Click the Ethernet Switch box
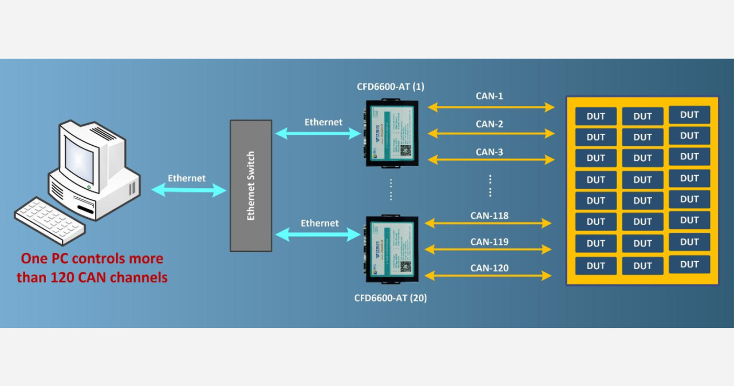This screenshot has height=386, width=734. click(251, 186)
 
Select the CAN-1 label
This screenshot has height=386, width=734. click(489, 96)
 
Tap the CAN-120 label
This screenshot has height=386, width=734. click(489, 268)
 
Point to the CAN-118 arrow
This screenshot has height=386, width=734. click(488, 224)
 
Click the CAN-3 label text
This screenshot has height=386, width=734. click(489, 152)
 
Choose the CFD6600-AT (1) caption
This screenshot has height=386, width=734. click(390, 87)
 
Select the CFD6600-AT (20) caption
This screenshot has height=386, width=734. click(390, 298)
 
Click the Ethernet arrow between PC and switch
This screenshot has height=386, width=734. click(189, 191)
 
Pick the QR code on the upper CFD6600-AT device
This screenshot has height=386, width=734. click(406, 151)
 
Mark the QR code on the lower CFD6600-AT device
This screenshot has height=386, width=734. click(405, 266)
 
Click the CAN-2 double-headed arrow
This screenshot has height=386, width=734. click(491, 134)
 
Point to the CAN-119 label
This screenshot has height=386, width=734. click(489, 242)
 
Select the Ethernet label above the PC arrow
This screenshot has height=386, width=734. click(187, 178)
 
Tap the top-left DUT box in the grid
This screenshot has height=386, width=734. click(596, 116)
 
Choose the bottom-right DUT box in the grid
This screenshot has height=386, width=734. click(689, 264)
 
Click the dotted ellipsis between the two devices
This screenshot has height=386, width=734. click(391, 189)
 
